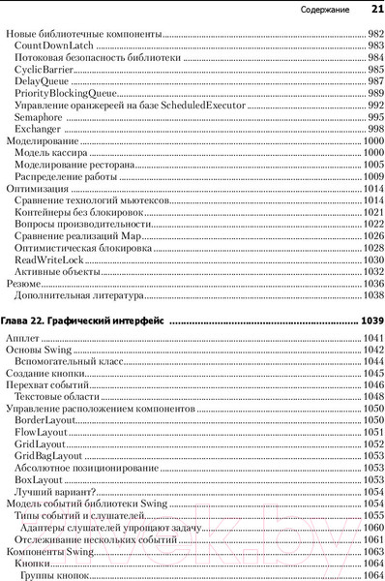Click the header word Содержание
coord(326,10)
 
